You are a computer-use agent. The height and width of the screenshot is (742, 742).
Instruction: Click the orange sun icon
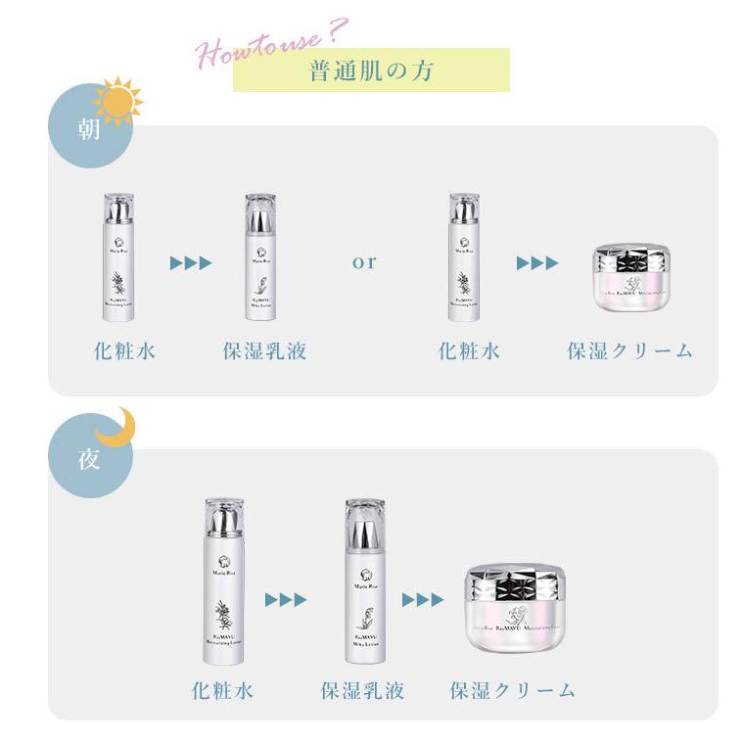point(117,101)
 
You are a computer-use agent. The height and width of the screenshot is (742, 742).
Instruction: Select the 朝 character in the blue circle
point(89,129)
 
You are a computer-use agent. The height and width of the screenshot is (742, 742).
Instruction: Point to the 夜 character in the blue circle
point(89,457)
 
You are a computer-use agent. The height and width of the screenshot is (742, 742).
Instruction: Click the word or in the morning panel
point(364,262)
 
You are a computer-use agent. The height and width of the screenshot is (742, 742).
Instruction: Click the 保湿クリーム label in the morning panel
point(630,350)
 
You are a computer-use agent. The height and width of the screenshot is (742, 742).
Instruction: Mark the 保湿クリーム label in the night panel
point(513,690)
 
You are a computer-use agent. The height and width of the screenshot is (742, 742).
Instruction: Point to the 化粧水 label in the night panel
point(223,690)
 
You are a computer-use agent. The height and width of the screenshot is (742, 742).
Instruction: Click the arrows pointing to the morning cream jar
point(536,262)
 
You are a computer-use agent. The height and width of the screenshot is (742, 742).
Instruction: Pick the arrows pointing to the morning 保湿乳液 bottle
point(191,262)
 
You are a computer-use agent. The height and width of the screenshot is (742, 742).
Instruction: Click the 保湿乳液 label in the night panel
point(362,690)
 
